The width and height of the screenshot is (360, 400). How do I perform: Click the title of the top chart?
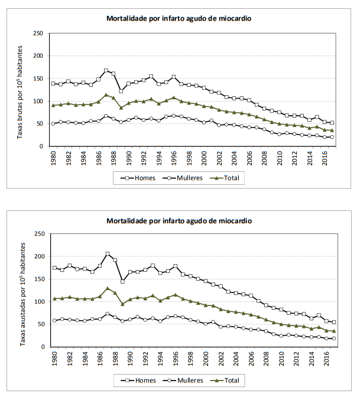coord(179,18)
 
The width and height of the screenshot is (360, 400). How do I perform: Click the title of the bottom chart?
coord(179,220)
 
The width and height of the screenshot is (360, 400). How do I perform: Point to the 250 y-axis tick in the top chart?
coord(38,33)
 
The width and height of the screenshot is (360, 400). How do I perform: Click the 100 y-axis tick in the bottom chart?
coord(38,302)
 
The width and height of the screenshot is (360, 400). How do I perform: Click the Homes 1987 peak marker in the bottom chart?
coord(108,254)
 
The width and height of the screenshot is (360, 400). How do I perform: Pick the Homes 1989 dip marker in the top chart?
coord(121,92)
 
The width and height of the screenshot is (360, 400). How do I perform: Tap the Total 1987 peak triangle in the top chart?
coord(106,95)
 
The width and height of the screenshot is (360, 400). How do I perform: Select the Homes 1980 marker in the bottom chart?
coord(54,268)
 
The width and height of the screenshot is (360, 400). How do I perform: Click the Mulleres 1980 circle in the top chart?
coord(54,123)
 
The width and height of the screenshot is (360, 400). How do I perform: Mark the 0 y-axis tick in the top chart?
coord(42,147)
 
